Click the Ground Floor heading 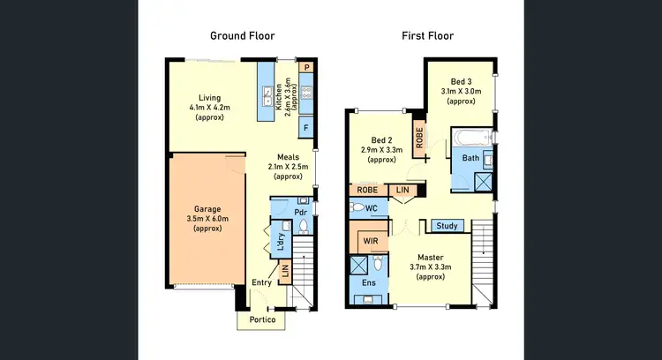tap(242, 36)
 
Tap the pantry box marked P tap(306, 67)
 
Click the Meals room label tap(288, 158)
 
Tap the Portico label tap(261, 319)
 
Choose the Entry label tap(261, 282)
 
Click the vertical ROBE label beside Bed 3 tap(419, 138)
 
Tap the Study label tap(447, 226)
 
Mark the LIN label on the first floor tap(403, 190)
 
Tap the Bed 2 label tap(381, 140)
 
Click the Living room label tap(209, 97)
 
